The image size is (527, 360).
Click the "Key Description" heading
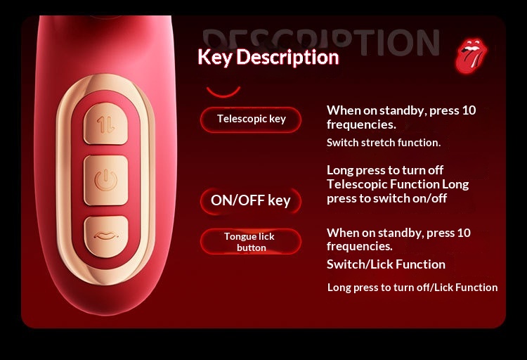268,57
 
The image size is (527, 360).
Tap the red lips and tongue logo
471,56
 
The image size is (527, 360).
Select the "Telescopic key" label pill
251,120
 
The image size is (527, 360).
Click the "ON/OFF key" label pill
251,200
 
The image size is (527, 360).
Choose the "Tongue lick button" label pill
251,242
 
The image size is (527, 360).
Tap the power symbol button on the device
106,180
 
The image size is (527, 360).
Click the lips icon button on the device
106,236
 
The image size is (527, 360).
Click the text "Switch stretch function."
384,143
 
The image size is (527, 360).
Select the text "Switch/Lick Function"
386,264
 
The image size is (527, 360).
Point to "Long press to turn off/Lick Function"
412,288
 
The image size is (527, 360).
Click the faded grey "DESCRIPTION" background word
321,42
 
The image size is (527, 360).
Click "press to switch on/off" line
386,198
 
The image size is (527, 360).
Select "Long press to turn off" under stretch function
385,170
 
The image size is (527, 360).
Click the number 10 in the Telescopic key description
469,110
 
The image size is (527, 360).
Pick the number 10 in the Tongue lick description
464,233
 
